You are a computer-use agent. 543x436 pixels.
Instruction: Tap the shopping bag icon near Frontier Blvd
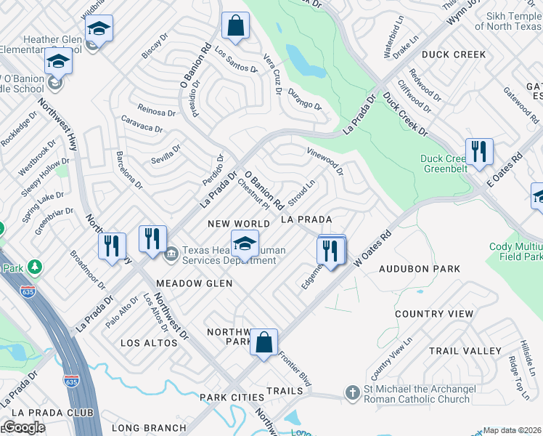coord(264,342)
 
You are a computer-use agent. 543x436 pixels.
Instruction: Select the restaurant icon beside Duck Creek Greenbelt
coord(479,151)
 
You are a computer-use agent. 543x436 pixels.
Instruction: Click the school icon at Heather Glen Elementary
coord(99,28)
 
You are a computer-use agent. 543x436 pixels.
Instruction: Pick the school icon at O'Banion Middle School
coord(58,62)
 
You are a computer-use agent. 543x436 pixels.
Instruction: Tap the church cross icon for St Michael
coord(352,393)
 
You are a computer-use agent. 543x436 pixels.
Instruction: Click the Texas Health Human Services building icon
coord(171,254)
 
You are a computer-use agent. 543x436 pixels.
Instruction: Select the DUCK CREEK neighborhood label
coord(454,54)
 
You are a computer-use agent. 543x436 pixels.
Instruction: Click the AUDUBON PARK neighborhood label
coord(420,269)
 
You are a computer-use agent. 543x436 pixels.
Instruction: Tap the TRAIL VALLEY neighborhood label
coord(465,350)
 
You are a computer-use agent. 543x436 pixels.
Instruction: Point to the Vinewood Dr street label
coord(325,162)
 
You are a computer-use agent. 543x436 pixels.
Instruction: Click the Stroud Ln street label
coord(301,194)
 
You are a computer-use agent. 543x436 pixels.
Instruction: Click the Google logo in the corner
coord(23,427)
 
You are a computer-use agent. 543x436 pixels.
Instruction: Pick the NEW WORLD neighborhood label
coord(239,223)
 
